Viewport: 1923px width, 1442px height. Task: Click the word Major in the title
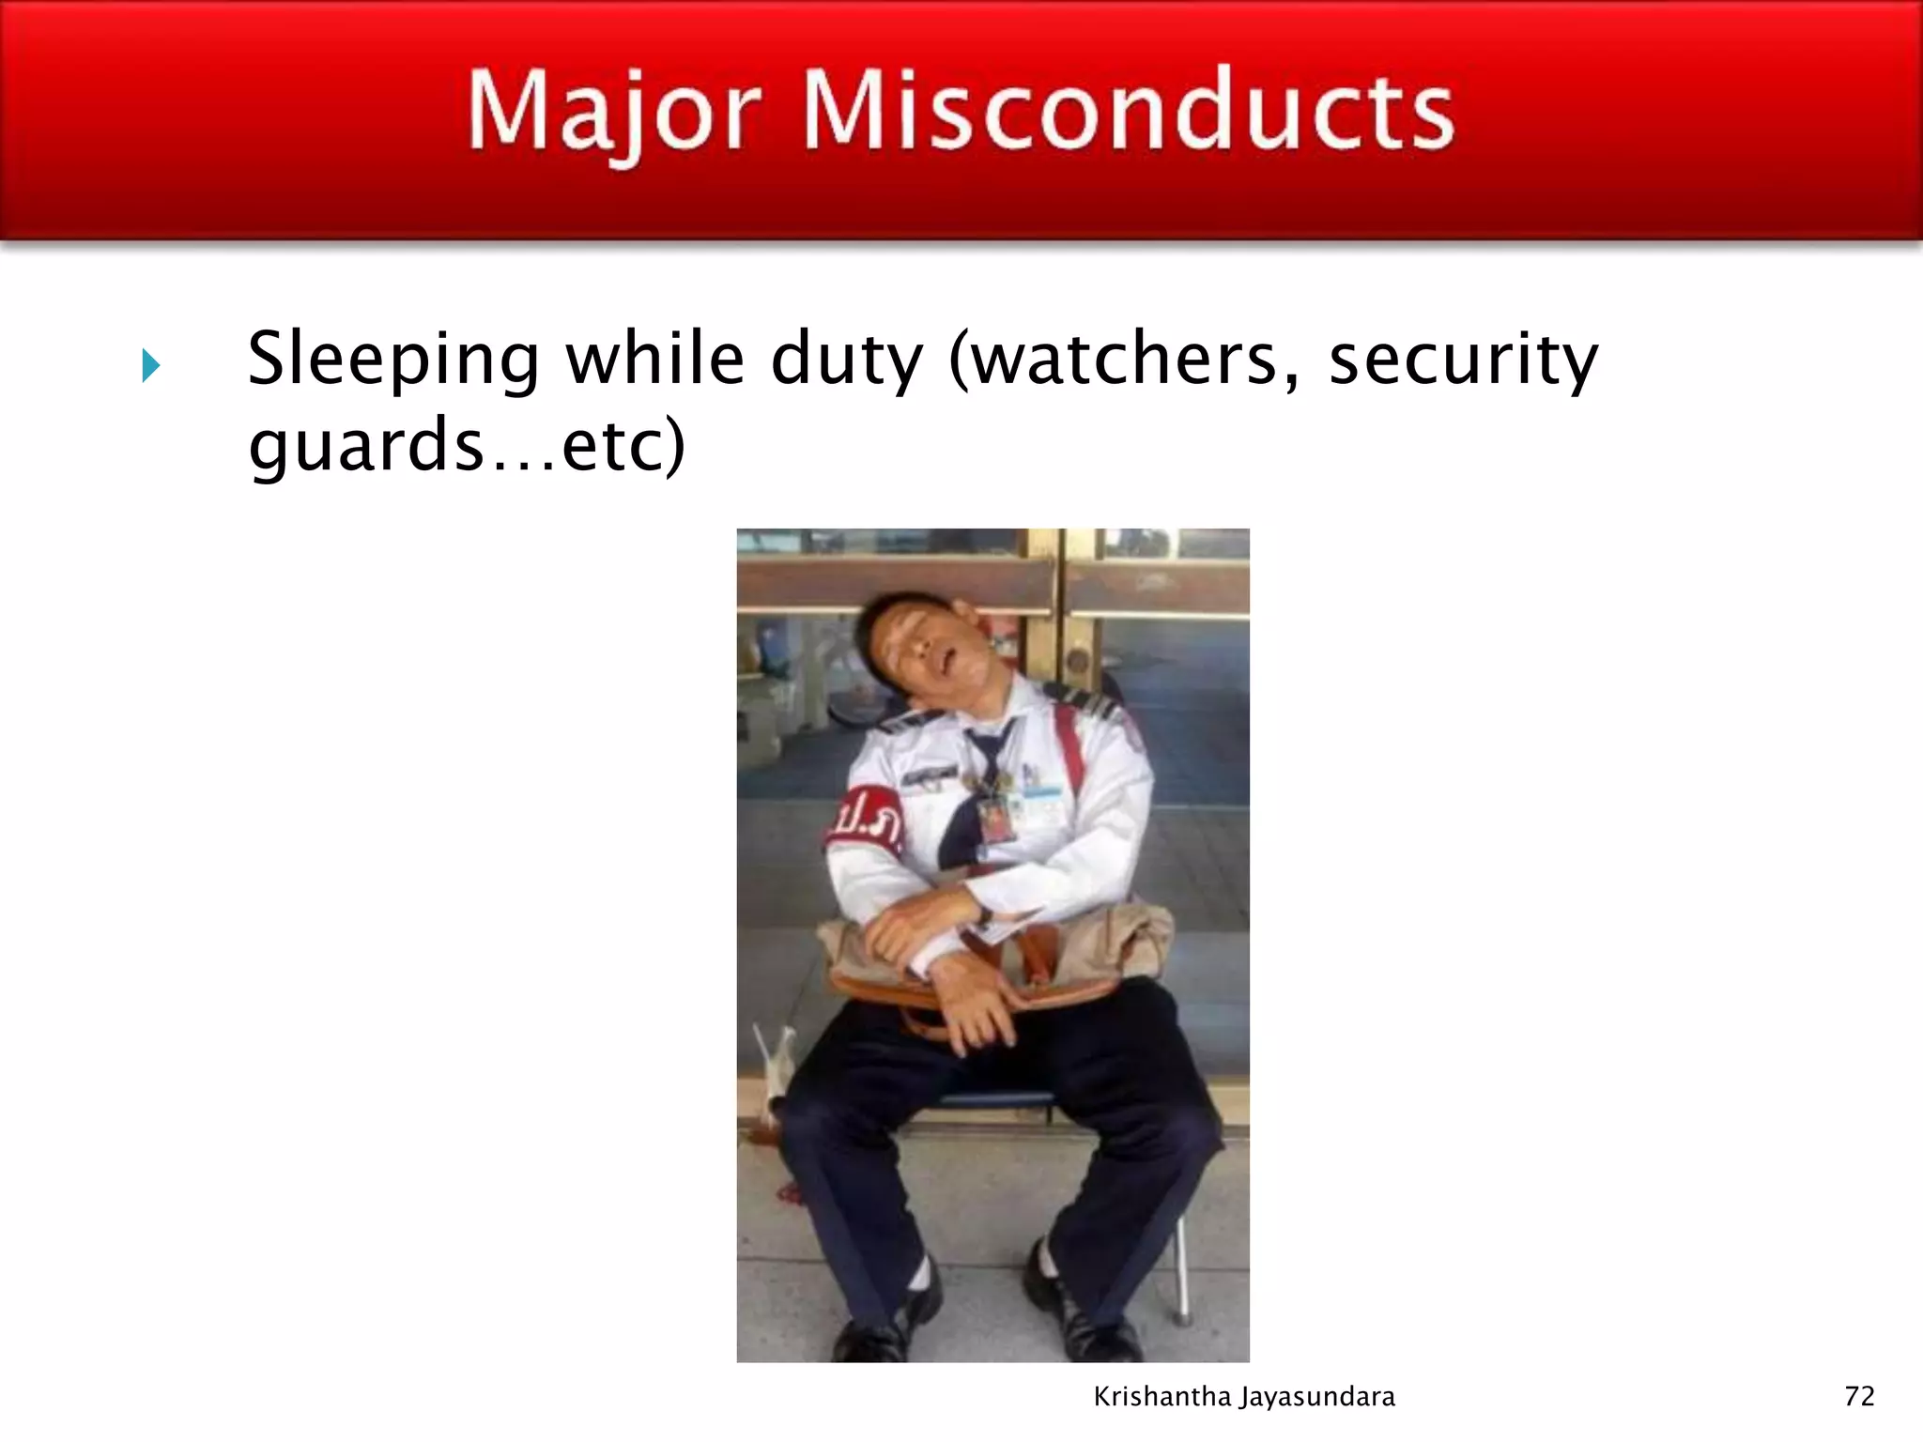click(613, 113)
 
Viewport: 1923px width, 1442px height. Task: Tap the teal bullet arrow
click(150, 365)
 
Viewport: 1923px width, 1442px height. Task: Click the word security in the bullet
click(1463, 360)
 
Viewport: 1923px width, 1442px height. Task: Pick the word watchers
click(1123, 360)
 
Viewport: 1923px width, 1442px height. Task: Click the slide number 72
click(1859, 1396)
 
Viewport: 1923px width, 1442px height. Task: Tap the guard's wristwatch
click(983, 913)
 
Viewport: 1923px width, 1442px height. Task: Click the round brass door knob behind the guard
click(1077, 657)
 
